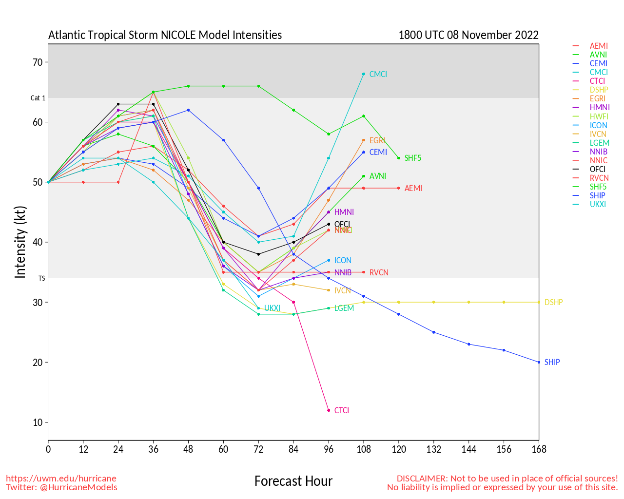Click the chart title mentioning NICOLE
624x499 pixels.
pyautogui.click(x=165, y=35)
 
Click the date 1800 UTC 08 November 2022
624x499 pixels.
pyautogui.click(x=468, y=35)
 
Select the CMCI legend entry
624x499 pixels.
pyautogui.click(x=598, y=72)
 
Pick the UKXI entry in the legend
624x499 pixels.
pyautogui.click(x=598, y=204)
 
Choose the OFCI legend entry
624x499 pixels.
pyautogui.click(x=598, y=169)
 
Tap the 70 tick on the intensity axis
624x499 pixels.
pyautogui.click(x=38, y=62)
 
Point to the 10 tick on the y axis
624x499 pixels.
pyautogui.click(x=38, y=422)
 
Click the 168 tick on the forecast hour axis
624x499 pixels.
pyautogui.click(x=539, y=449)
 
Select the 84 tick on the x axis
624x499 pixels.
pyautogui.click(x=293, y=449)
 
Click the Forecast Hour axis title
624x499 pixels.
pyautogui.click(x=293, y=481)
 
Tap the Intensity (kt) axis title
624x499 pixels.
pyautogui.click(x=20, y=242)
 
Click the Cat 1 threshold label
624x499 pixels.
pyautogui.click(x=38, y=98)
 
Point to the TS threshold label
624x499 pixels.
pyautogui.click(x=42, y=278)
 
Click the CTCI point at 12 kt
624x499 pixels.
pyautogui.click(x=329, y=410)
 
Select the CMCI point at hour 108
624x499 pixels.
pyautogui.click(x=364, y=74)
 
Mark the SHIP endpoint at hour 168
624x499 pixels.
pyautogui.click(x=539, y=362)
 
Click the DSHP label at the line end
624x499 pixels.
pyautogui.click(x=553, y=302)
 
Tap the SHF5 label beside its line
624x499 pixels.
pyautogui.click(x=412, y=158)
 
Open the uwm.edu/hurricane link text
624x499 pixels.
pyautogui.click(x=61, y=479)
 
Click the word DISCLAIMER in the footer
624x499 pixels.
pyautogui.click(x=422, y=479)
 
